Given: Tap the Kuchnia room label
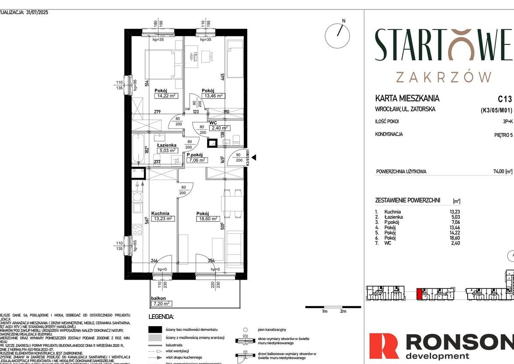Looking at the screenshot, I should coord(160,213).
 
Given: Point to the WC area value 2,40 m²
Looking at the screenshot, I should coord(219,128).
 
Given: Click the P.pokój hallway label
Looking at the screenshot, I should coord(196,155).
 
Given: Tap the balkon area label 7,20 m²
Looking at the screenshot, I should coord(161,303).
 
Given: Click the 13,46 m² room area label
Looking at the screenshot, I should coord(213,96).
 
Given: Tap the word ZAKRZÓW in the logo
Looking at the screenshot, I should coord(444,77).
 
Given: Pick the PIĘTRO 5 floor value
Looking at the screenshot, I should coord(503,135).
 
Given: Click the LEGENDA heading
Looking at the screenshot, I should coord(161,317).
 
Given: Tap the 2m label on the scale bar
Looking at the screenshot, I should coord(342,311).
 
